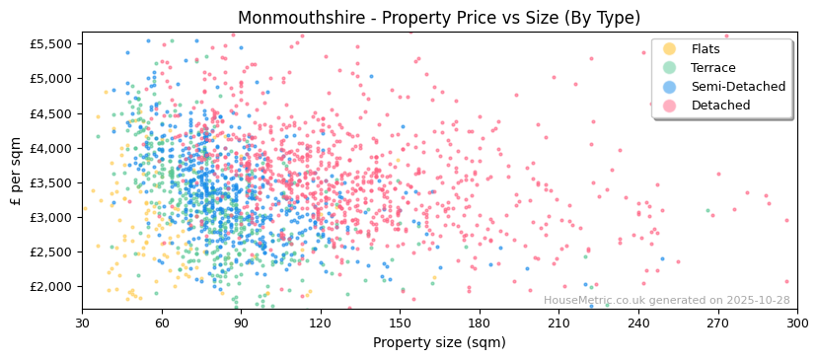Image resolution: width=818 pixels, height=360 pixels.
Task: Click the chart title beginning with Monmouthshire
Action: pyautogui.click(x=439, y=18)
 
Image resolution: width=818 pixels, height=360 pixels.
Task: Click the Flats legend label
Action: pyautogui.click(x=705, y=49)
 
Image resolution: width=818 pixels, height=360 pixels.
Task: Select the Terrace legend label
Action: pyautogui.click(x=712, y=68)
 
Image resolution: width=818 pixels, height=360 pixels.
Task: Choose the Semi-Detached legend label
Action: pyautogui.click(x=738, y=87)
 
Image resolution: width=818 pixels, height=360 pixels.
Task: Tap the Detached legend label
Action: pyautogui.click(x=720, y=106)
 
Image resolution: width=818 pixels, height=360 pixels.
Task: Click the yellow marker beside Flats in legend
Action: pyautogui.click(x=670, y=49)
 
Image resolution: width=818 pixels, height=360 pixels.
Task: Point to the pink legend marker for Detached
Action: pyautogui.click(x=670, y=106)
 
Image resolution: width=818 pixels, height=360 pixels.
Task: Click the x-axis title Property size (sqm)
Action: pyautogui.click(x=439, y=343)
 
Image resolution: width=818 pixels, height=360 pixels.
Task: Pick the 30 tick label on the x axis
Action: pyautogui.click(x=82, y=323)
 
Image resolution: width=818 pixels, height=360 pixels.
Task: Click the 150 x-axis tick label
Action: pyautogui.click(x=400, y=323)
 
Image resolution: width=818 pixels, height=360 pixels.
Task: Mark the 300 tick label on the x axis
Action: pyautogui.click(x=796, y=323)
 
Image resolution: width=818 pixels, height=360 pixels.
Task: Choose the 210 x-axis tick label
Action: pyautogui.click(x=558, y=323)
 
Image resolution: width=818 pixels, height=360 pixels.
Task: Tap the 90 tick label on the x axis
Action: pyautogui.click(x=241, y=323)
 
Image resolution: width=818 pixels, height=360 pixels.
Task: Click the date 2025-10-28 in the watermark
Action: pyautogui.click(x=758, y=301)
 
